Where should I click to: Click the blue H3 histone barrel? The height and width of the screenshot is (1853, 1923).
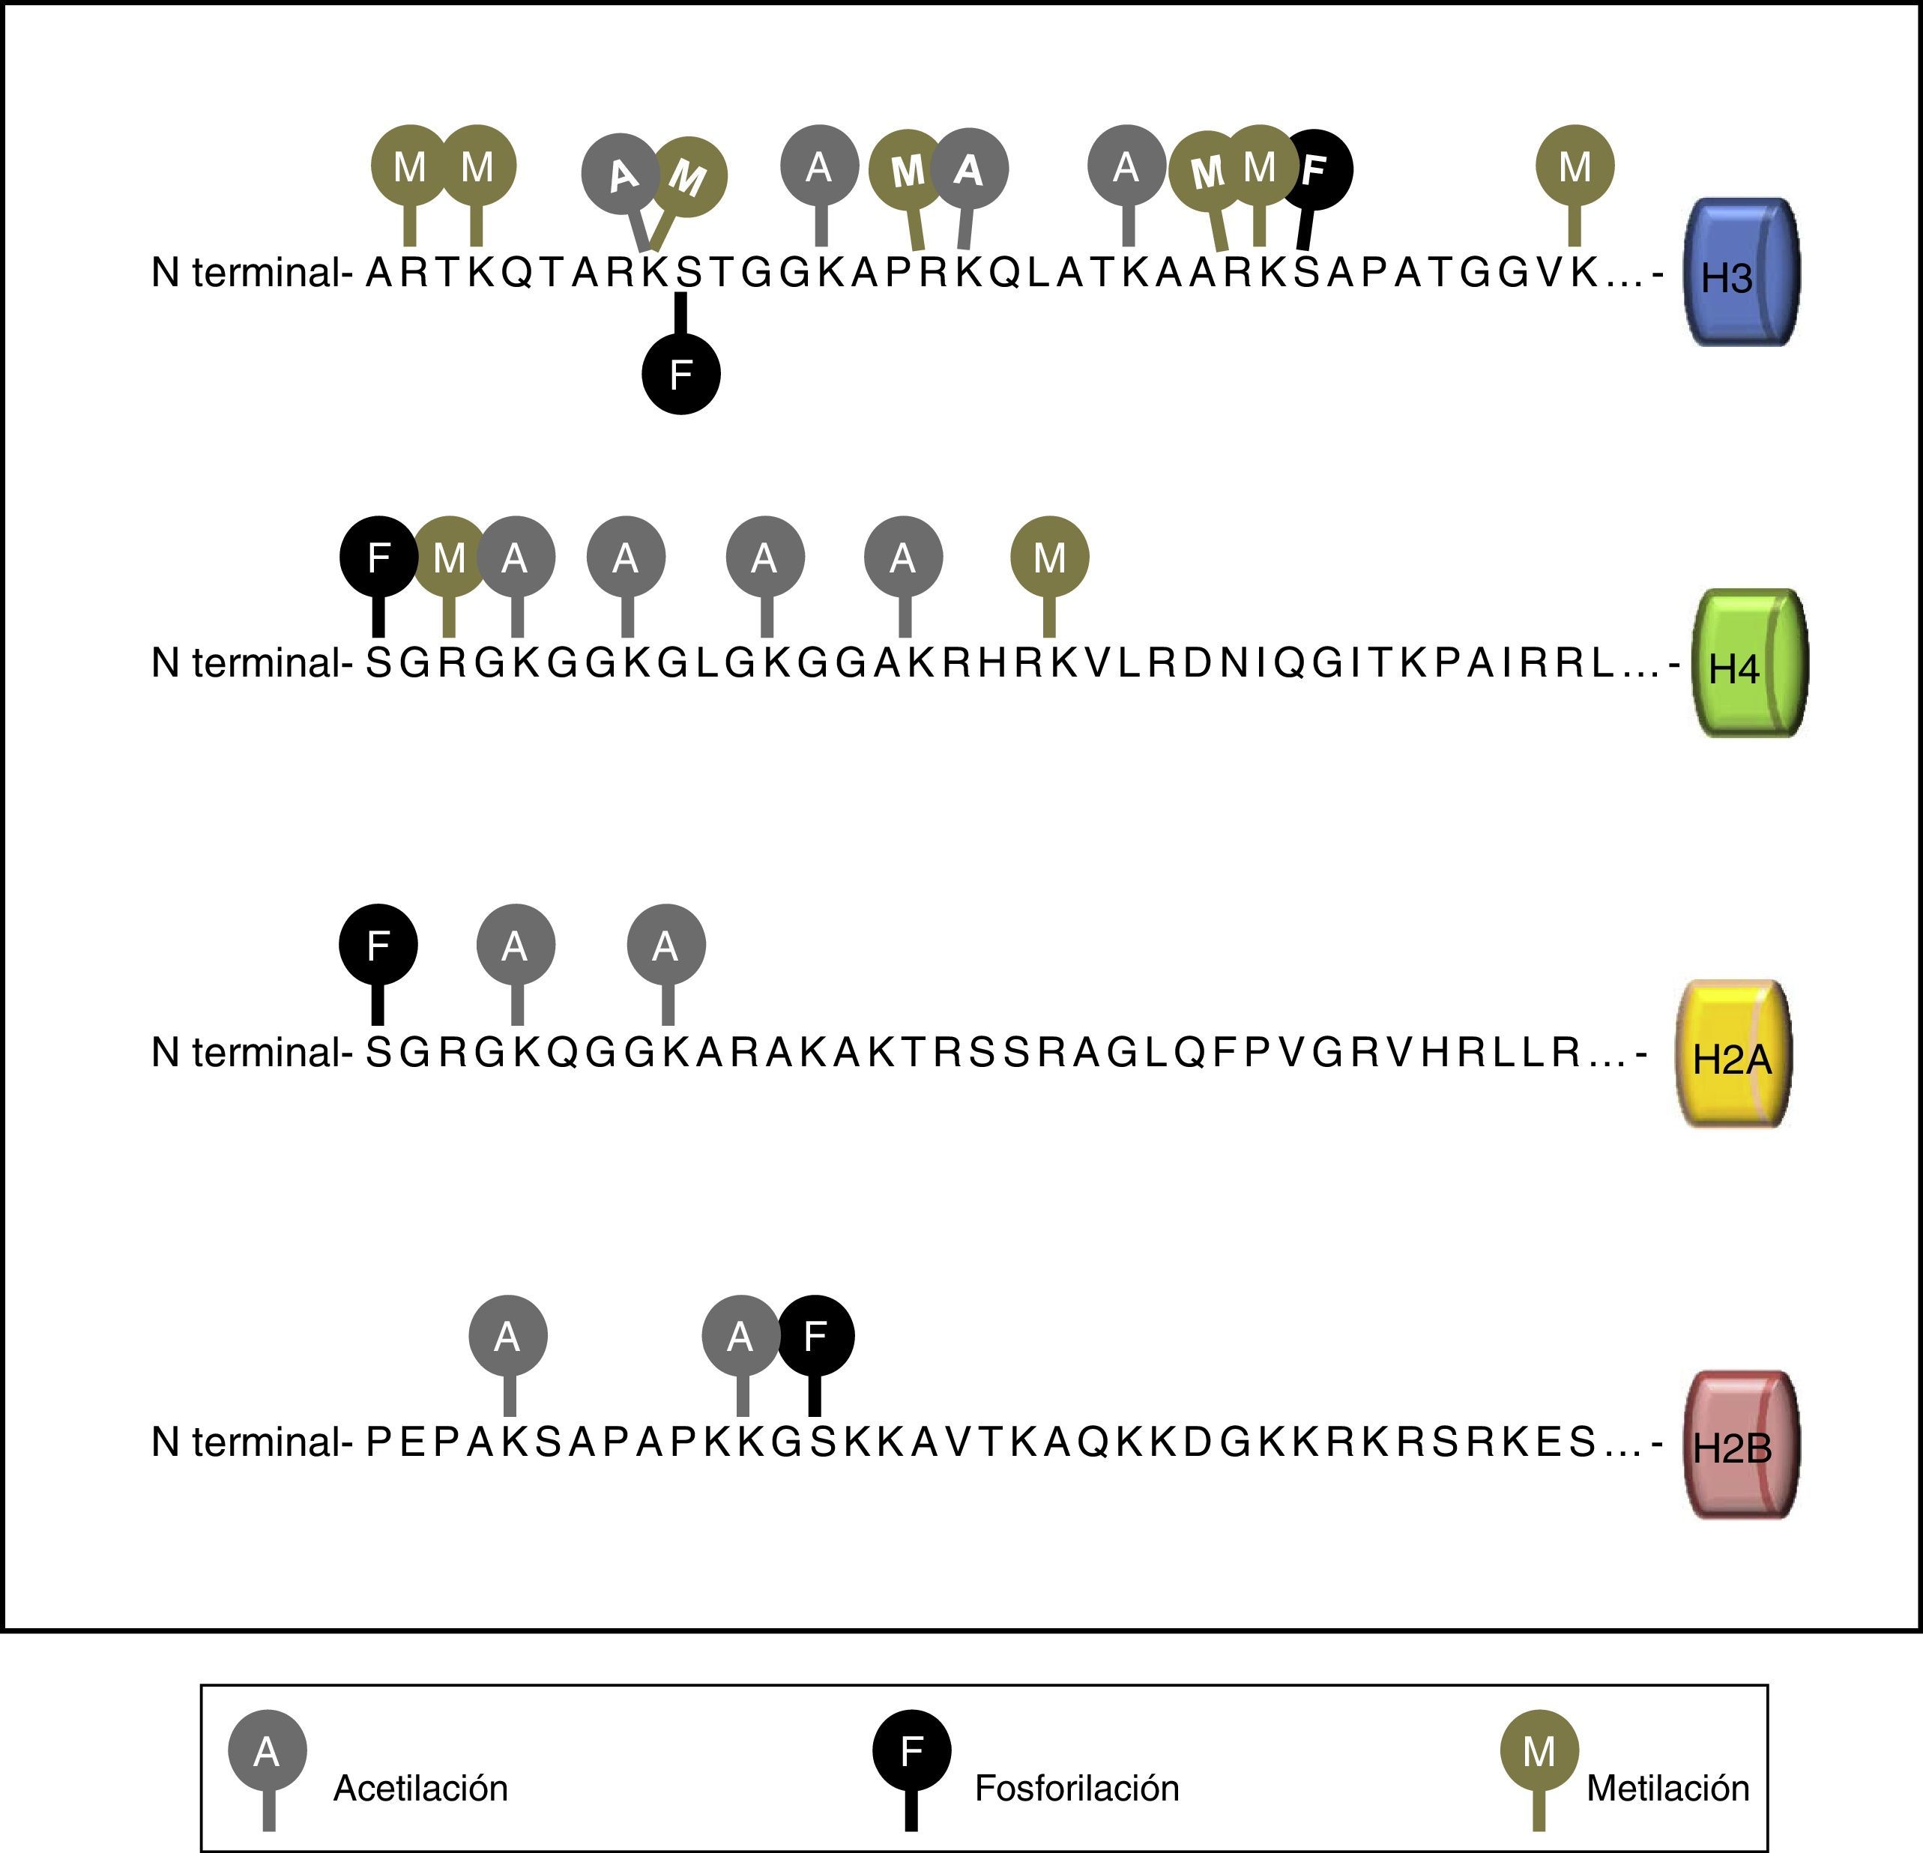pos(1742,273)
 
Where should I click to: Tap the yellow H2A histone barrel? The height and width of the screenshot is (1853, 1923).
pos(1733,1054)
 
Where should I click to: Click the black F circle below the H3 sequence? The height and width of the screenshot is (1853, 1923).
pos(681,374)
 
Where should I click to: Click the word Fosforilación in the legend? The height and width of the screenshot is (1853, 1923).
pos(1076,1789)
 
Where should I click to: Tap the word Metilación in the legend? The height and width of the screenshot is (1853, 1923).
pos(1668,1789)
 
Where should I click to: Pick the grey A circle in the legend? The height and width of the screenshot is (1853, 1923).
pos(267,1750)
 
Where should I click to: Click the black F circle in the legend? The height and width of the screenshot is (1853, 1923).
pos(911,1750)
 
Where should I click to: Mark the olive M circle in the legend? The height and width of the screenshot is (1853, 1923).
pos(1539,1750)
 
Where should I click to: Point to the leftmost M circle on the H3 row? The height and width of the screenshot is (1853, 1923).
pos(410,165)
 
